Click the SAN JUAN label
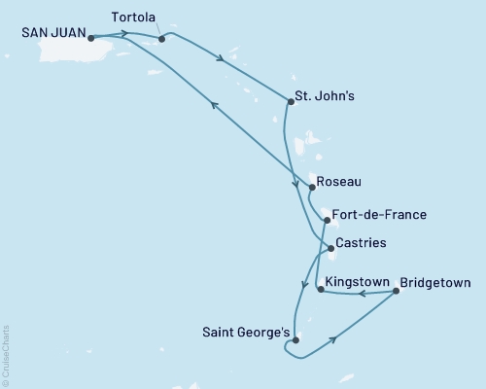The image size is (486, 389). pyautogui.click(x=51, y=31)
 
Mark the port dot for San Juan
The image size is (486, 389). pyautogui.click(x=90, y=39)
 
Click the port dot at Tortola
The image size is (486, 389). pyautogui.click(x=161, y=40)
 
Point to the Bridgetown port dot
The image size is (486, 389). pyautogui.click(x=396, y=291)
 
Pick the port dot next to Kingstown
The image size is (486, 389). pyautogui.click(x=321, y=289)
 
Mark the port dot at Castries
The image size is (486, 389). pyautogui.click(x=331, y=249)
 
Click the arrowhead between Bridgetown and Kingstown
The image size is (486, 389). pyautogui.click(x=359, y=291)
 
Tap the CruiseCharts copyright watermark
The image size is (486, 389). pyautogui.click(x=6, y=356)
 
